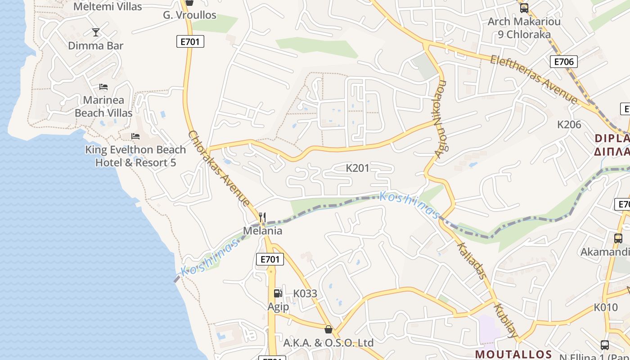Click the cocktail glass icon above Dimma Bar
click(96, 32)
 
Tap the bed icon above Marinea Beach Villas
click(103, 86)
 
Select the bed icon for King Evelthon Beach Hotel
click(135, 136)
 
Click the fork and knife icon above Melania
click(262, 217)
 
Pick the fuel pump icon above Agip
click(278, 293)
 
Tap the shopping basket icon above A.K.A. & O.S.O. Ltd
click(328, 329)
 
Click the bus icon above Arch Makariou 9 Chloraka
click(524, 8)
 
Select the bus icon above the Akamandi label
click(618, 238)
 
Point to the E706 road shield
click(563, 62)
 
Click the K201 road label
click(357, 168)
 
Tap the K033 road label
click(305, 294)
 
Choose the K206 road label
click(569, 125)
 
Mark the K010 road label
click(606, 307)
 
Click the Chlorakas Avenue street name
click(219, 168)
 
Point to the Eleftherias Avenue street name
click(534, 78)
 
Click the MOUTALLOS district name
click(513, 354)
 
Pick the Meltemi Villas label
click(108, 7)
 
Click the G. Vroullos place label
click(189, 15)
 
